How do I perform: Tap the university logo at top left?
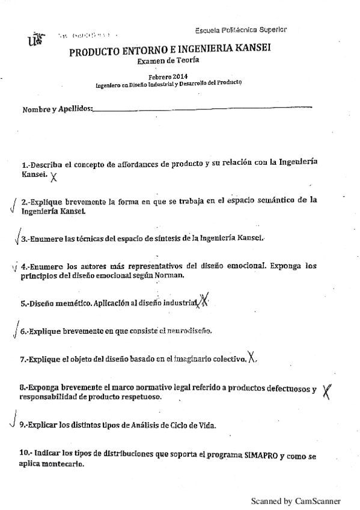pos(35,40)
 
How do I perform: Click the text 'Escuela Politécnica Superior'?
pos(241,30)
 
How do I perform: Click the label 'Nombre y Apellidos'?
pos(58,109)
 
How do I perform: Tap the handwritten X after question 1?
pos(55,176)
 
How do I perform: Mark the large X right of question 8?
pos(327,392)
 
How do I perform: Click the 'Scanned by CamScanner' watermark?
pos(296,501)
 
